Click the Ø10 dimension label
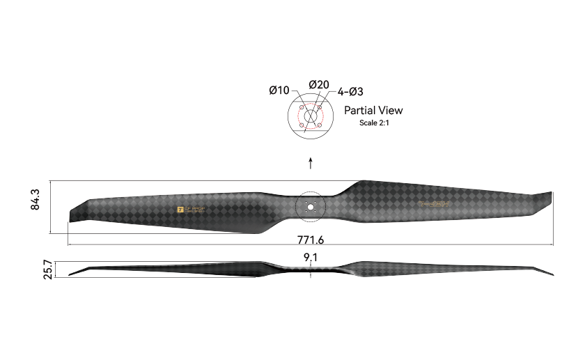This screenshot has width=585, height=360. [279, 91]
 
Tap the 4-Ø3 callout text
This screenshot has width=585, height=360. [350, 91]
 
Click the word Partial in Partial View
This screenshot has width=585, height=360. [360, 110]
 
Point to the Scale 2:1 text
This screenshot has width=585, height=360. [373, 123]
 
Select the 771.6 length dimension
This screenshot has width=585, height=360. [311, 240]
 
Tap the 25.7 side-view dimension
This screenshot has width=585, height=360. [48, 269]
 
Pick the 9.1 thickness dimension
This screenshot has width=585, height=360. [311, 258]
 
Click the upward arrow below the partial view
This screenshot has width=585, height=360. [311, 162]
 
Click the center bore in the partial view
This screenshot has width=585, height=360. [310, 116]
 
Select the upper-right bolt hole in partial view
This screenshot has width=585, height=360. [319, 107]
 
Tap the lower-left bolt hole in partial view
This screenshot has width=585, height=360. [301, 125]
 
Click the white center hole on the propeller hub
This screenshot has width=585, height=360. [311, 207]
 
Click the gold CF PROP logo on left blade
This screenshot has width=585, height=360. [191, 208]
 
